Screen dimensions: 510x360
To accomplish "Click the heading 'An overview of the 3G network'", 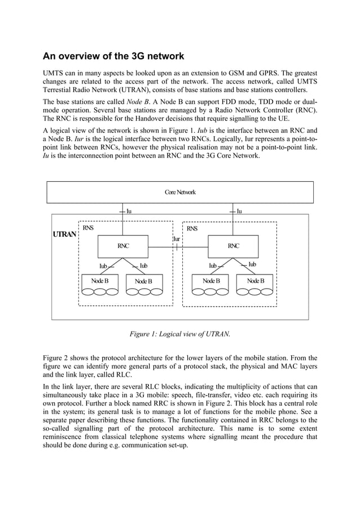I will [114, 56].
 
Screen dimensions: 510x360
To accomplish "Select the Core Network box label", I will [180, 192].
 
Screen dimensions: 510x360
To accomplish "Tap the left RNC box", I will [122, 246].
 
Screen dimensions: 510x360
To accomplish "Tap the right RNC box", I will [233, 246].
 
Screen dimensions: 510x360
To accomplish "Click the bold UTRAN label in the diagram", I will [64, 234].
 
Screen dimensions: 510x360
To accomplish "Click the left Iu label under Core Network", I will [129, 211].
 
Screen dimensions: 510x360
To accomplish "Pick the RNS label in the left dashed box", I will [88, 228].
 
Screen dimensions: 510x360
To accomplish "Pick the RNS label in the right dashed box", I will [192, 229].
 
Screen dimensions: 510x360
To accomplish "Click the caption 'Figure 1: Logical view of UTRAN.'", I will [180, 334].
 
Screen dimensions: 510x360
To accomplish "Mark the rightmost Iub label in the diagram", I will [252, 264].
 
